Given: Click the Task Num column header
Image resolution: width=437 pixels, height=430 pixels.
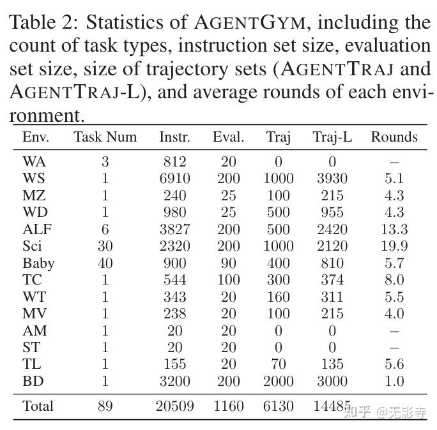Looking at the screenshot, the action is [105, 137].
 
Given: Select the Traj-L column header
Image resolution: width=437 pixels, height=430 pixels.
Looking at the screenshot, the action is [332, 137].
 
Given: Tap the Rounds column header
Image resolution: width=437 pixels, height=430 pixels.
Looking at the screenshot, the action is [394, 137].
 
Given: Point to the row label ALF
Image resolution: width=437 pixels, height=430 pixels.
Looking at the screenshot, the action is [37, 230].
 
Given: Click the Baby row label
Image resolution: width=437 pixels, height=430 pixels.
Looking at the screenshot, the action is [38, 263].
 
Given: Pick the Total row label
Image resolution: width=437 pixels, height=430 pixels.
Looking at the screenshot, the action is [38, 406].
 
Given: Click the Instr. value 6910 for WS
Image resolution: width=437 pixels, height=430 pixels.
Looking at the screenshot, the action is [174, 179].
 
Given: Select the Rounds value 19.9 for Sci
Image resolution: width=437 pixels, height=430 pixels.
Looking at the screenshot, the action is [394, 246].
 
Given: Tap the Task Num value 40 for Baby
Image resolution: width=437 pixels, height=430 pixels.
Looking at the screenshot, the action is [105, 263].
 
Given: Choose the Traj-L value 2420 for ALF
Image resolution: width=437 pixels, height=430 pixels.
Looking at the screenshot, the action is [332, 230].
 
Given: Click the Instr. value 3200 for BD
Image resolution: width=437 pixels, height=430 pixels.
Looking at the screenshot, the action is [174, 382].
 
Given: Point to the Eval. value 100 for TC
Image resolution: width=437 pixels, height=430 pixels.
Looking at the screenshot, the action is [228, 280].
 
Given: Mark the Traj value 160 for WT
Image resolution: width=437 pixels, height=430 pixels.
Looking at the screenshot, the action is [278, 297].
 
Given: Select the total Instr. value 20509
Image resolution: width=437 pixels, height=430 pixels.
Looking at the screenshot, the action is [174, 406].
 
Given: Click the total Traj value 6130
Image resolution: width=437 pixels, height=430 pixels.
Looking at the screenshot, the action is [278, 406].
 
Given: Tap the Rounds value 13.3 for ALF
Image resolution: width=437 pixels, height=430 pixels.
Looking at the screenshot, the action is [394, 230].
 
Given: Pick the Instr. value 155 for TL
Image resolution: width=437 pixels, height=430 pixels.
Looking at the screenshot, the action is [174, 364].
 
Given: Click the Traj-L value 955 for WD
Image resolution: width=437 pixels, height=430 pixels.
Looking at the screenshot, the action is [332, 212].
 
